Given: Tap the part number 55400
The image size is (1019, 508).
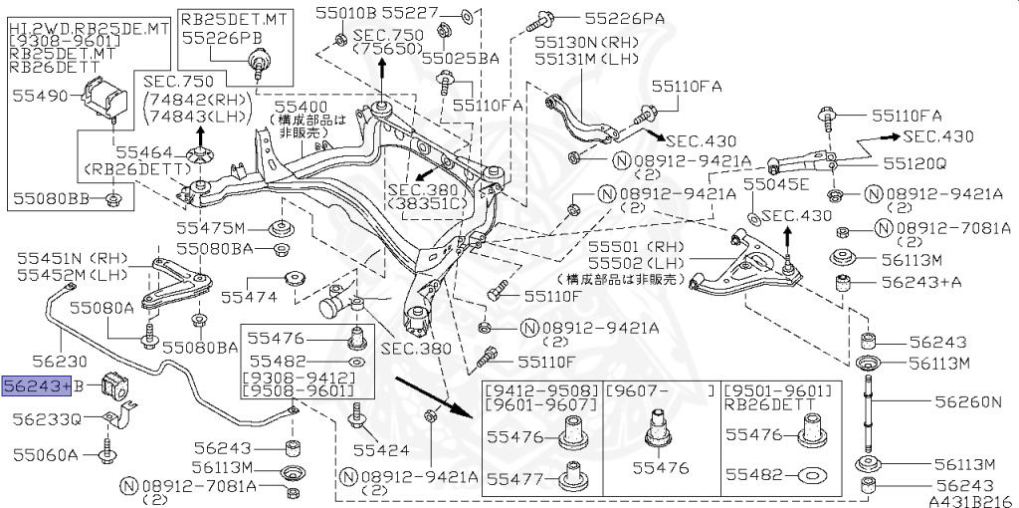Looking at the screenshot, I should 301,105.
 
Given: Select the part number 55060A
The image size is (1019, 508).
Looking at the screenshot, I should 46,455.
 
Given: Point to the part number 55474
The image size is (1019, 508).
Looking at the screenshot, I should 247,296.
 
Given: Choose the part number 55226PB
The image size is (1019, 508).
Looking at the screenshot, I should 220,39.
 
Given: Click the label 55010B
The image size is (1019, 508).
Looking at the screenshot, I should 345,13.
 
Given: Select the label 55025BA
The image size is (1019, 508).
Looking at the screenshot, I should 461,58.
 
